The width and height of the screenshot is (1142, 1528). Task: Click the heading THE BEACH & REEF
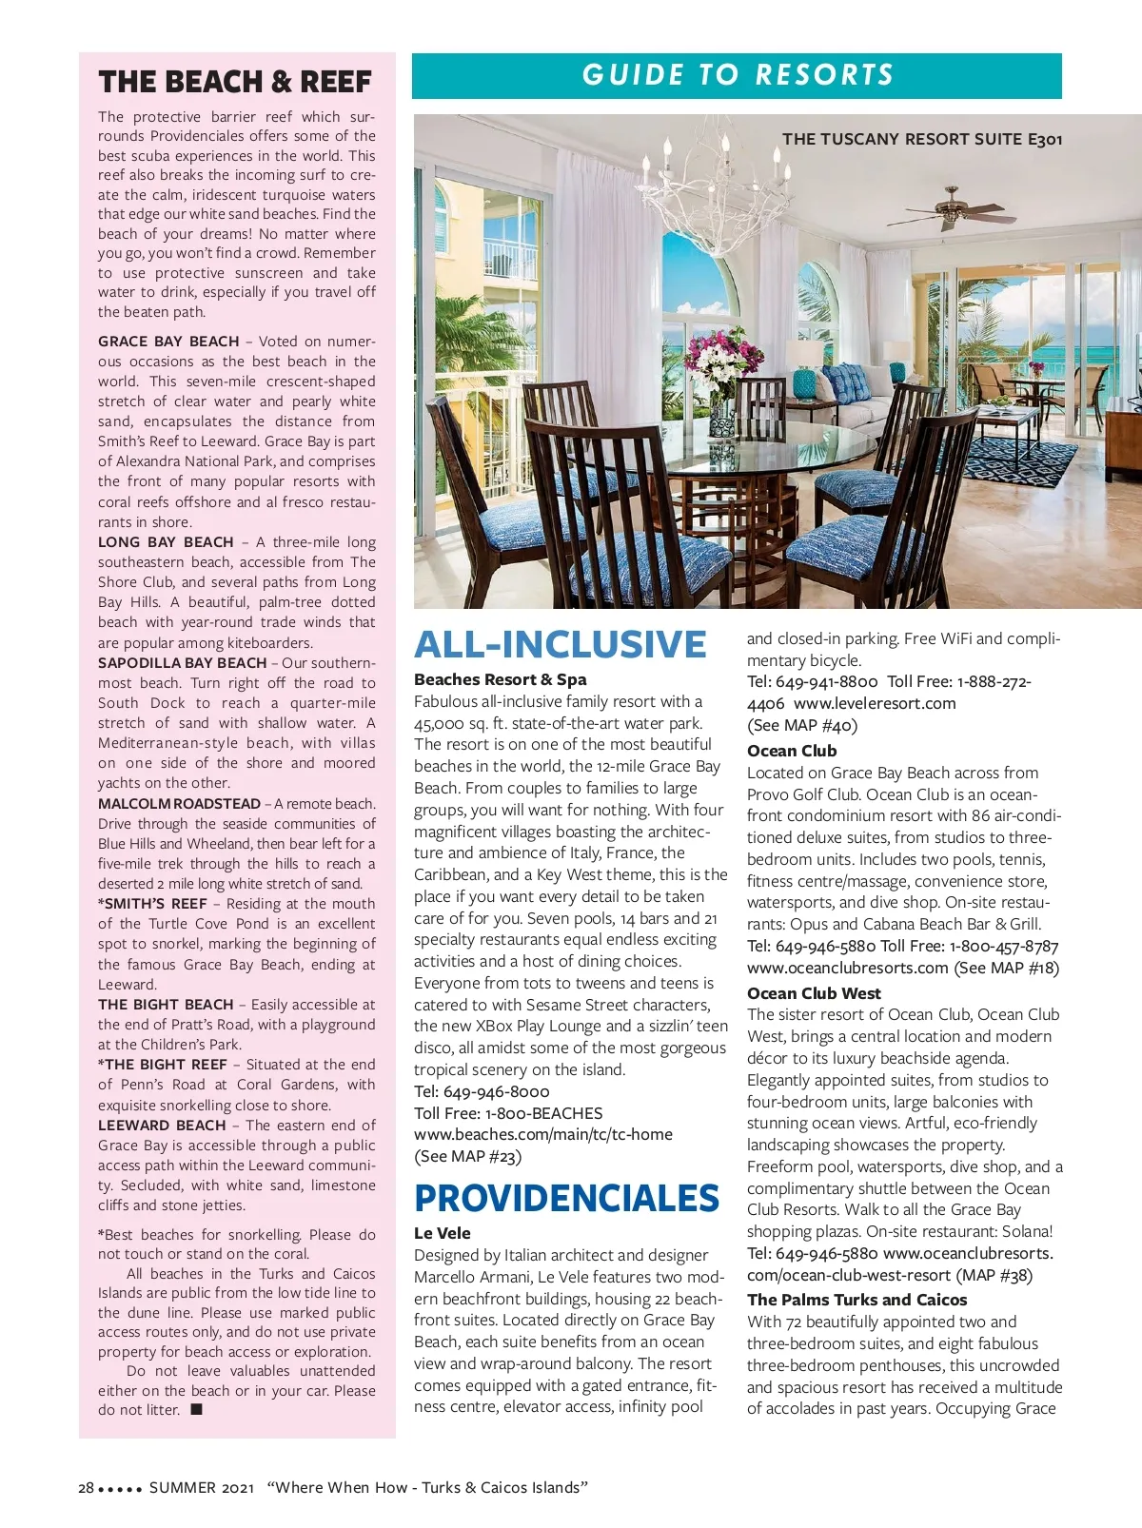click(x=234, y=82)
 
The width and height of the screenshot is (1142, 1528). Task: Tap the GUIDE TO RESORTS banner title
click(x=738, y=75)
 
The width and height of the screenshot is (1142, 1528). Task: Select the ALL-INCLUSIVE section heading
click(x=560, y=644)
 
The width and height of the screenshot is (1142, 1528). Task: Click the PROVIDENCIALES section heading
click(x=566, y=1198)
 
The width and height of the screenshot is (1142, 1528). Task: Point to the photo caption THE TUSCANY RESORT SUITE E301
click(x=921, y=139)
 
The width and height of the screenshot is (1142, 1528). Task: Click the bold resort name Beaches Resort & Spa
click(x=500, y=679)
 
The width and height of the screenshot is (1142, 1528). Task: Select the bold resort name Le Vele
click(x=443, y=1233)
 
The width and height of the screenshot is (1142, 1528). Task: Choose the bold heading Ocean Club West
click(x=814, y=993)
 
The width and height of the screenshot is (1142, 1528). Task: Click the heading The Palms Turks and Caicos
click(x=856, y=1300)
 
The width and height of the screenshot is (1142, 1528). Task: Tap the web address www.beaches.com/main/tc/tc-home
click(x=542, y=1134)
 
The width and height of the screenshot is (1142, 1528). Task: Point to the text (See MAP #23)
click(x=467, y=1156)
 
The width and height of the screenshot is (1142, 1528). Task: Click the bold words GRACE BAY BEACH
click(x=168, y=342)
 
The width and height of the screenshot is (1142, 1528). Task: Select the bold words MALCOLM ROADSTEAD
click(x=179, y=804)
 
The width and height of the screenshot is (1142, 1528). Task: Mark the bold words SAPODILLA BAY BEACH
click(x=182, y=663)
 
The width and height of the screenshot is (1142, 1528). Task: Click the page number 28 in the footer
click(x=86, y=1487)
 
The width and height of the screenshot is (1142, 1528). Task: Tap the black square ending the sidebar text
click(x=196, y=1409)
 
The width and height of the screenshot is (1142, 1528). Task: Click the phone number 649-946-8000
click(x=496, y=1091)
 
